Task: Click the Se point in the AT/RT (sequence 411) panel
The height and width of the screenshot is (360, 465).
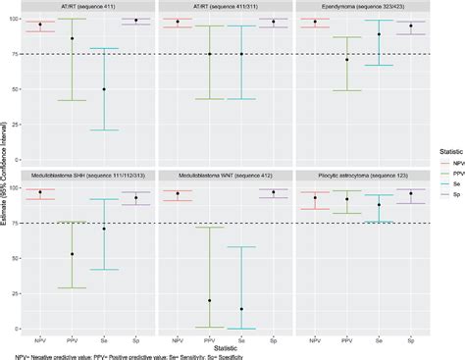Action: tap(104, 89)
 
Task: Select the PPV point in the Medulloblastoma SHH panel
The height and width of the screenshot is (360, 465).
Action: tap(72, 254)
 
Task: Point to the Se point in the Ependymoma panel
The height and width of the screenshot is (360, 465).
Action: tap(379, 35)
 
